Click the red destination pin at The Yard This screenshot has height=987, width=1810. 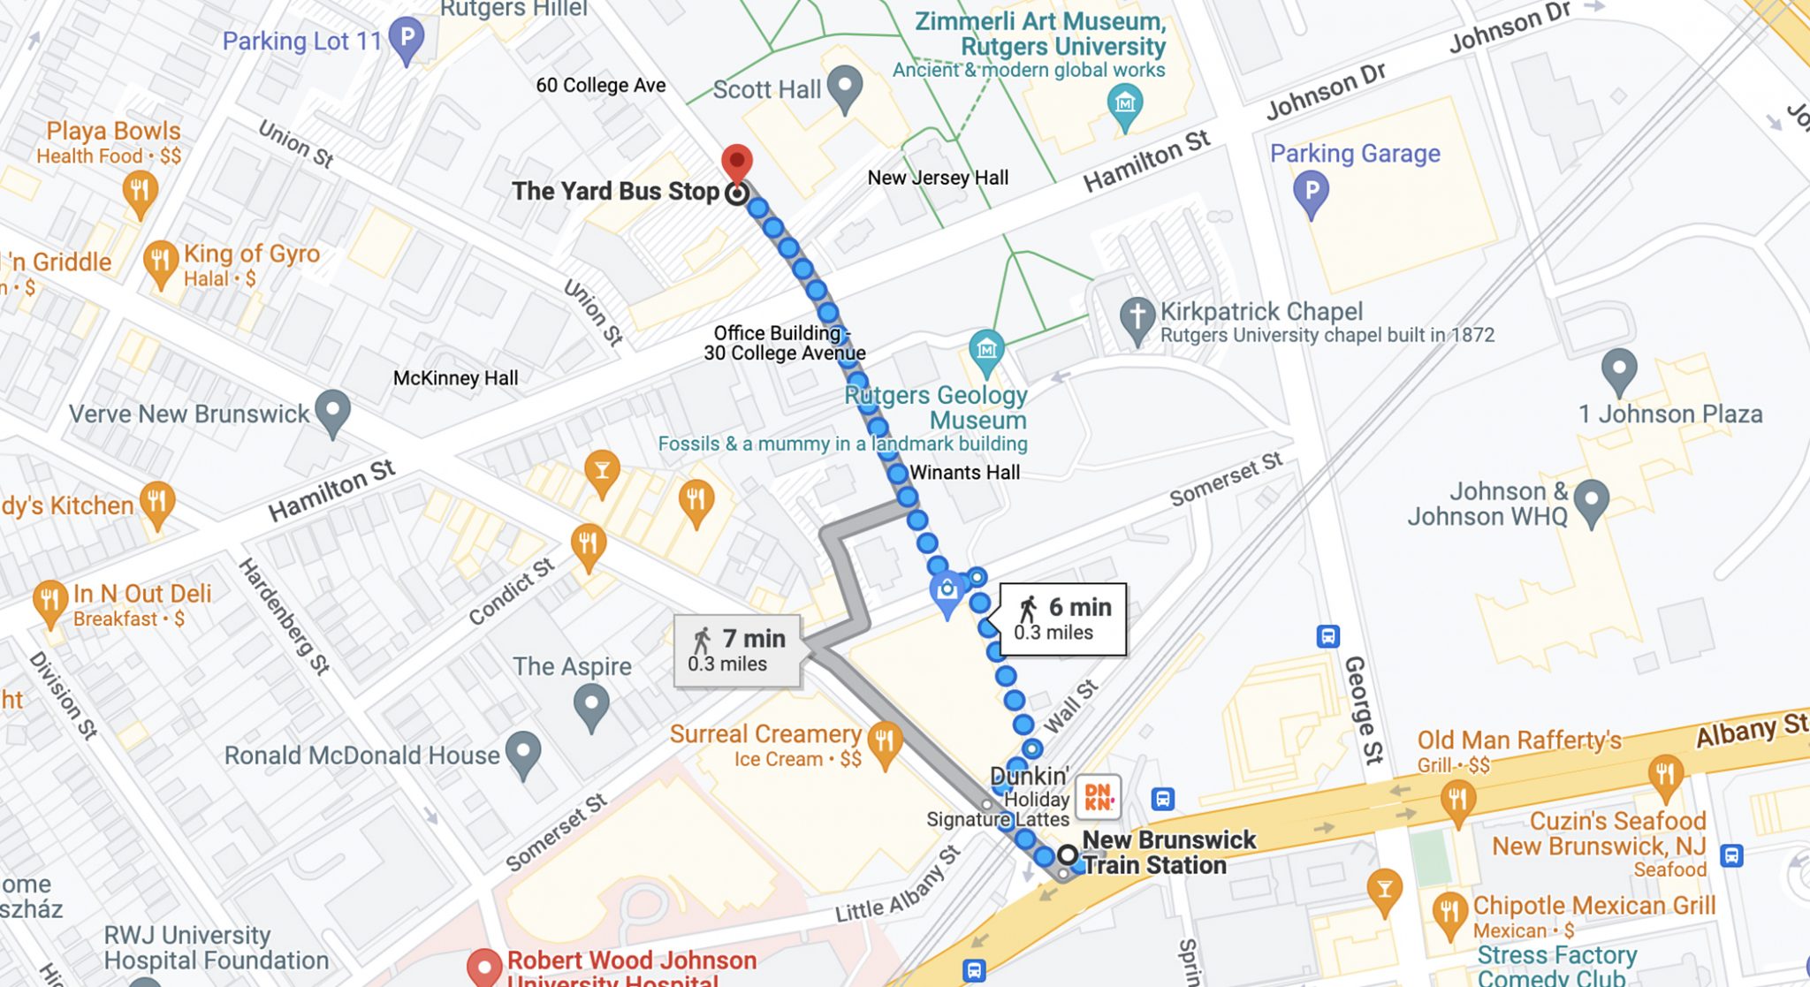click(736, 163)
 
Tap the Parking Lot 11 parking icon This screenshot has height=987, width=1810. click(407, 38)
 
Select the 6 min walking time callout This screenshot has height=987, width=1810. click(1062, 619)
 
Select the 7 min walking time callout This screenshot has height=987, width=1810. click(737, 650)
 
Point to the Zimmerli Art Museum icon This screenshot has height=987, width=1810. click(1124, 105)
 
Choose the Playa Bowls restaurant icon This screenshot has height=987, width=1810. click(140, 192)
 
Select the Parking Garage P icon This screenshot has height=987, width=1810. click(1311, 191)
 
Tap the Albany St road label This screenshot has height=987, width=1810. click(1751, 730)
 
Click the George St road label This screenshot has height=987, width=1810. click(1362, 710)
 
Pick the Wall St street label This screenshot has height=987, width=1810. click(1070, 706)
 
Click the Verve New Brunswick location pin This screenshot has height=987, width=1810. click(332, 411)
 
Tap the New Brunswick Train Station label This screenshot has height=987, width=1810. click(1167, 852)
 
